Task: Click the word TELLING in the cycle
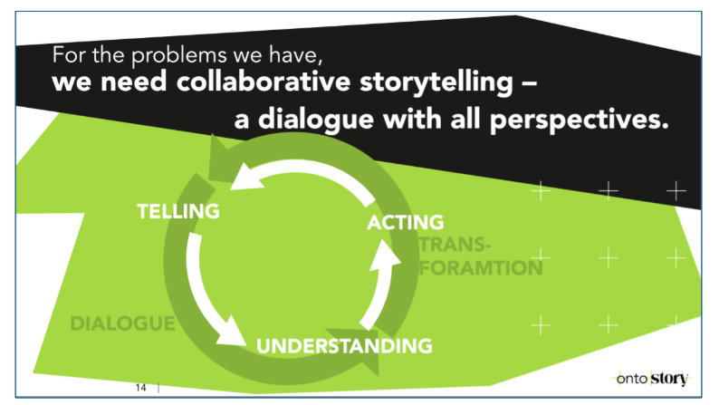pyautogui.click(x=178, y=211)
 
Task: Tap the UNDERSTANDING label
pyautogui.click(x=343, y=345)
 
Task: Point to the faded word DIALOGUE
pyautogui.click(x=122, y=323)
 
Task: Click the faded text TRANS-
pyautogui.click(x=455, y=246)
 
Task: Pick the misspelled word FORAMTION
pyautogui.click(x=480, y=267)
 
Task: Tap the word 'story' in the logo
pyautogui.click(x=669, y=379)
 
